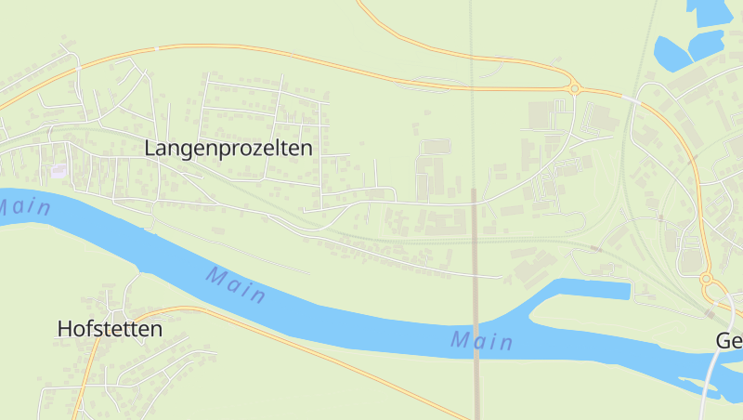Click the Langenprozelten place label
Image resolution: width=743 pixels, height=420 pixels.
228,148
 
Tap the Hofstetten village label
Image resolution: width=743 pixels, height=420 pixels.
110,329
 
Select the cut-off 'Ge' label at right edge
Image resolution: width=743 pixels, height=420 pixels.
729,341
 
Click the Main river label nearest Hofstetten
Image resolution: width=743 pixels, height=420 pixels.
236,286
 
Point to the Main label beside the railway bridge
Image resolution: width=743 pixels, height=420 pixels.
482,341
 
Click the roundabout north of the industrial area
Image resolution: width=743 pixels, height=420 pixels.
575,89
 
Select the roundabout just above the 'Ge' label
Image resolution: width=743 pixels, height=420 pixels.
706,279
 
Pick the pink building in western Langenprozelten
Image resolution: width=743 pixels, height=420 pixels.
60,170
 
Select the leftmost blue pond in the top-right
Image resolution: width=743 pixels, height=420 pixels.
671,51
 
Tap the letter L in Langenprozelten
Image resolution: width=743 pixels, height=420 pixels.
150,148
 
